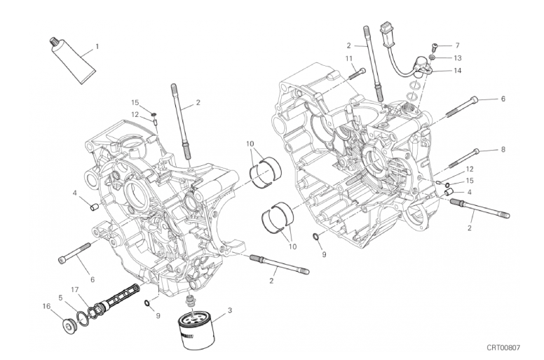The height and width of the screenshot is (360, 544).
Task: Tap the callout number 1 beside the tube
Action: (x=97, y=46)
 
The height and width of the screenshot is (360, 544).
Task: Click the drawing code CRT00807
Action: (x=503, y=347)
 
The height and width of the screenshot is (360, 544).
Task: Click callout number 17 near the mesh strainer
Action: (x=75, y=289)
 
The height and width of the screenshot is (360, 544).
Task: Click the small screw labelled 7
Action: (x=435, y=46)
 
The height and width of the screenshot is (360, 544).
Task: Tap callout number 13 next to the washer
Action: (x=458, y=58)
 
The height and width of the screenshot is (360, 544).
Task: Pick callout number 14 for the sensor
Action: (x=458, y=71)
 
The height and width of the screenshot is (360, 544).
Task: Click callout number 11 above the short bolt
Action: (x=348, y=58)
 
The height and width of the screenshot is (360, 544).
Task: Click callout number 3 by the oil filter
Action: (x=230, y=310)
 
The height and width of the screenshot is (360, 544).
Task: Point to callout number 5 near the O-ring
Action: (x=61, y=297)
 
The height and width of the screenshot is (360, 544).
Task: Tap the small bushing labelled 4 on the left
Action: (x=94, y=207)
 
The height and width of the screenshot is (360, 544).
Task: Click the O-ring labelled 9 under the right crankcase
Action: (x=316, y=237)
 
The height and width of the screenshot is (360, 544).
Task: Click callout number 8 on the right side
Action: (x=503, y=149)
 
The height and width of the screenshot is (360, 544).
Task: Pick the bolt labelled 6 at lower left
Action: (x=74, y=253)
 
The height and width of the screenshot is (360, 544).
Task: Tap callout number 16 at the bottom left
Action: (x=46, y=306)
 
